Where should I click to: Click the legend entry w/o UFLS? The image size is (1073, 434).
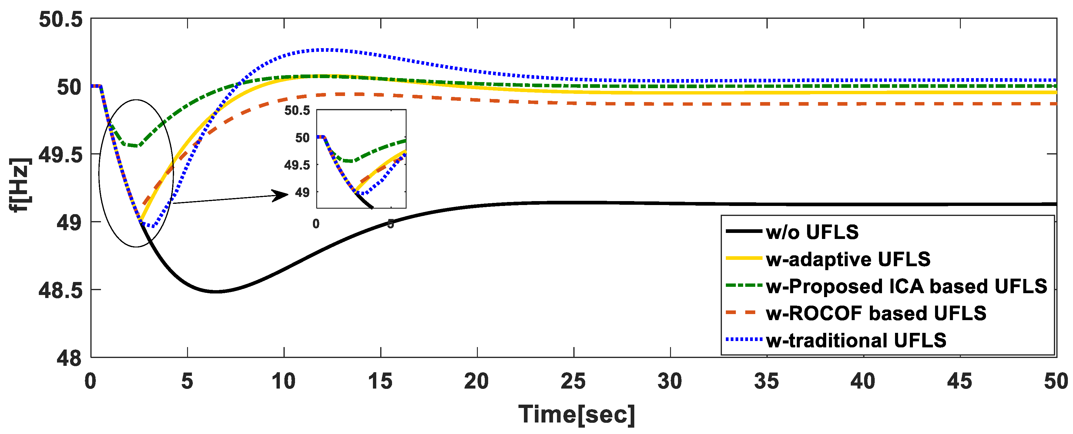pyautogui.click(x=812, y=232)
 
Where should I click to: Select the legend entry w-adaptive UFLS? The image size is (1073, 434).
pyautogui.click(x=848, y=259)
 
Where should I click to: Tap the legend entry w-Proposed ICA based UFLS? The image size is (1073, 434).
pyautogui.click(x=906, y=286)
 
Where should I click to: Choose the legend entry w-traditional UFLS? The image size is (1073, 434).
pyautogui.click(x=856, y=340)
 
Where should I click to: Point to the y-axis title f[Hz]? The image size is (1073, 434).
pyautogui.click(x=20, y=185)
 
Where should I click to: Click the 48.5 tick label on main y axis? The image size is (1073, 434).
pyautogui.click(x=61, y=290)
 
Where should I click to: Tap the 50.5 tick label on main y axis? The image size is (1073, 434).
pyautogui.click(x=61, y=20)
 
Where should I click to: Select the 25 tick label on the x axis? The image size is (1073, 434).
pyautogui.click(x=574, y=381)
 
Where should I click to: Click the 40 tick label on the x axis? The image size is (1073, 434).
pyautogui.click(x=863, y=381)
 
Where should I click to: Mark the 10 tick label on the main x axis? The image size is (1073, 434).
pyautogui.click(x=284, y=381)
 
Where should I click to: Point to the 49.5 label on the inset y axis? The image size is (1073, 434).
pyautogui.click(x=297, y=165)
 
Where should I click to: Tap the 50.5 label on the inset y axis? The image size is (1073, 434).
pyautogui.click(x=297, y=110)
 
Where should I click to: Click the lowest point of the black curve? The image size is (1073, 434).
pyautogui.click(x=215, y=292)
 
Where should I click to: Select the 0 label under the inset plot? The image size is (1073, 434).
pyautogui.click(x=316, y=224)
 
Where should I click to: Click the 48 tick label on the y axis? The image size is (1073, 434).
pyautogui.click(x=69, y=358)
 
